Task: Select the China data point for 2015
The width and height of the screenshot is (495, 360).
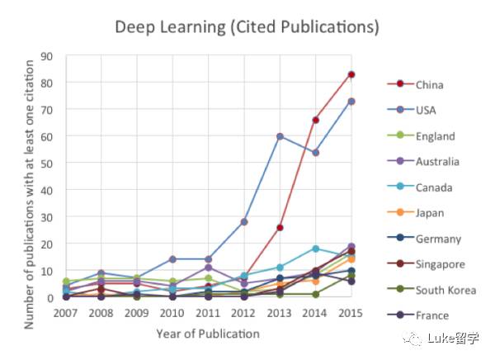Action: (x=351, y=74)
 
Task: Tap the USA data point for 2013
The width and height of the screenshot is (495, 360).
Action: (x=280, y=136)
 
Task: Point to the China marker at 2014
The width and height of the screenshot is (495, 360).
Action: (x=316, y=120)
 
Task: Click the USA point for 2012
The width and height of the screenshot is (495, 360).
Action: (x=245, y=222)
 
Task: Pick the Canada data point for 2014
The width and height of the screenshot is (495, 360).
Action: (x=316, y=249)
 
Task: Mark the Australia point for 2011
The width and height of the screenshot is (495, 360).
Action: (x=210, y=268)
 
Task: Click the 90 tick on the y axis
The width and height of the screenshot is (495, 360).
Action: (x=47, y=57)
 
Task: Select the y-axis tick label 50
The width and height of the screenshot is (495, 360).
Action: (x=47, y=163)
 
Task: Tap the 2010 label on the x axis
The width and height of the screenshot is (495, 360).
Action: (x=173, y=313)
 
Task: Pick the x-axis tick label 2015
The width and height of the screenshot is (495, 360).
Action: (x=351, y=313)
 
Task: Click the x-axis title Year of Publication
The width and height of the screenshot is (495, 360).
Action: (x=207, y=334)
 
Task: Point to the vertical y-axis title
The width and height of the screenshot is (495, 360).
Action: (x=30, y=177)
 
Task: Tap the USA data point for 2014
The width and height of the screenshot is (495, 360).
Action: (x=316, y=153)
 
